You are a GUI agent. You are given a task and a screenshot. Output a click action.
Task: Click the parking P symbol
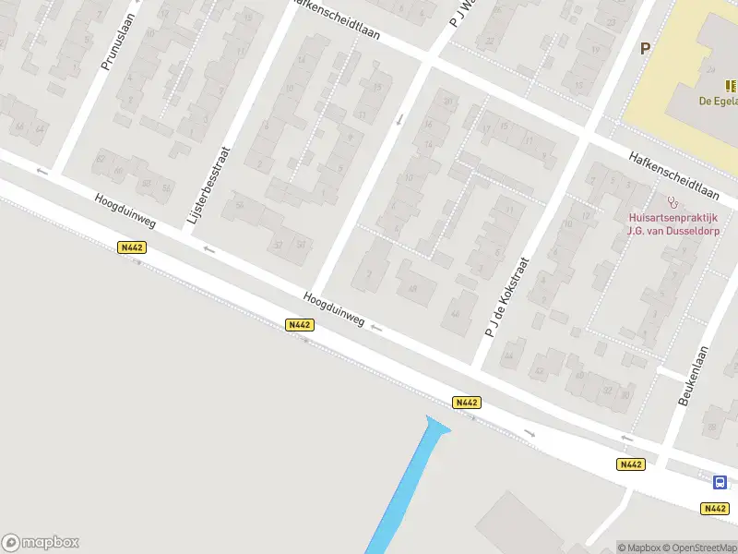[x=646, y=49]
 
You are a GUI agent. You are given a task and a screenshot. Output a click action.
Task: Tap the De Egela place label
[x=716, y=101]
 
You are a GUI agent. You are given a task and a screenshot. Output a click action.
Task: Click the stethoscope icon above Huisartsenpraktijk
[x=672, y=201]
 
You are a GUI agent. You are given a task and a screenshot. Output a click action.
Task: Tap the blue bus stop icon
[x=719, y=482]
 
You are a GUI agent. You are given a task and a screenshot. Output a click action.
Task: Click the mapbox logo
[x=40, y=543]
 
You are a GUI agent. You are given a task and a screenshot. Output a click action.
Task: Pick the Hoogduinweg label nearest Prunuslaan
[x=125, y=211]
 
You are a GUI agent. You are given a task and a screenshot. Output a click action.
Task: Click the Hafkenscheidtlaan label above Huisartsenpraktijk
[x=673, y=174]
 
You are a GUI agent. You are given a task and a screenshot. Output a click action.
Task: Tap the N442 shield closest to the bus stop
[x=714, y=509]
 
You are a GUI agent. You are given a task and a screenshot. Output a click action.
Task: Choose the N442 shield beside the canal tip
[x=466, y=403]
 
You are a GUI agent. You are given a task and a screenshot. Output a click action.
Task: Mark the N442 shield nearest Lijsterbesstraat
[x=133, y=247]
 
